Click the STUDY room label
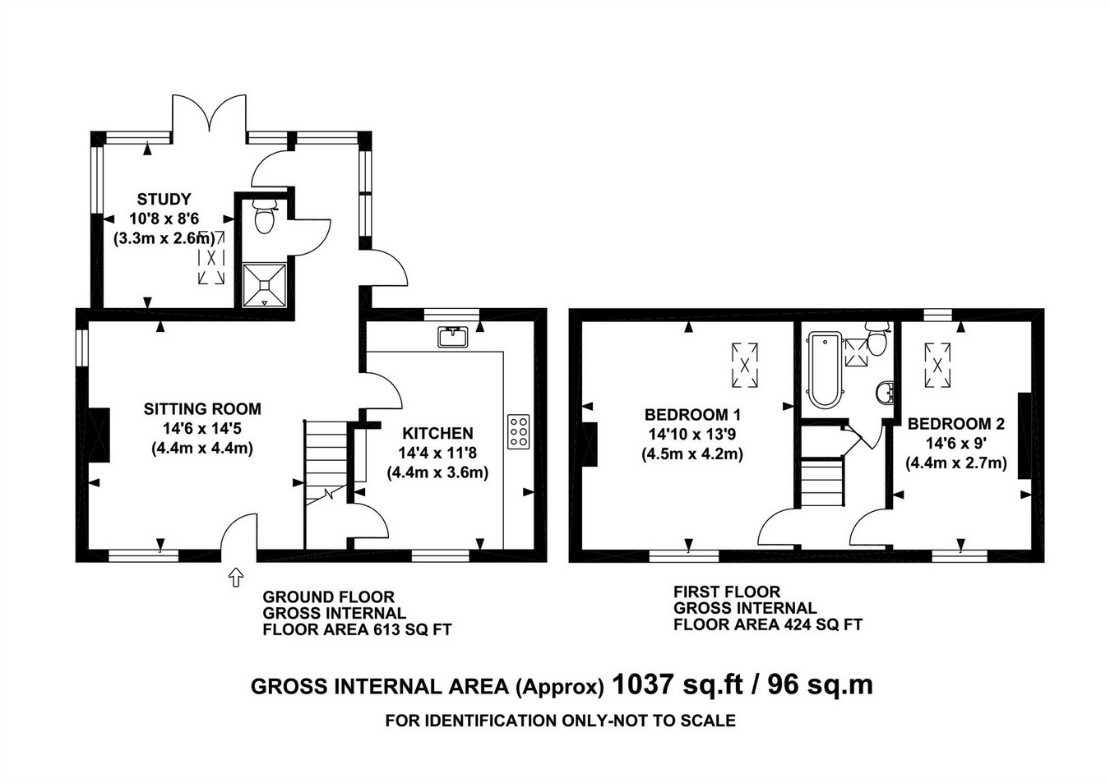coord(164,199)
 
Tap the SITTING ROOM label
coord(202,408)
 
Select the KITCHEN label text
coord(437,433)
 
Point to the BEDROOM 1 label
coord(692,414)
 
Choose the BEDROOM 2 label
coord(956,423)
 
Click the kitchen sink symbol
coord(453,336)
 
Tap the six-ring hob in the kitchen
coord(518,432)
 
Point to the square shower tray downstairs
coord(265,285)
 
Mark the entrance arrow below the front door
coord(236,577)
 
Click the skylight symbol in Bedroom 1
coord(745,366)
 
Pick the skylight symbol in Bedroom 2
coord(937,366)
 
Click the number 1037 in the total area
coord(642,685)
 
